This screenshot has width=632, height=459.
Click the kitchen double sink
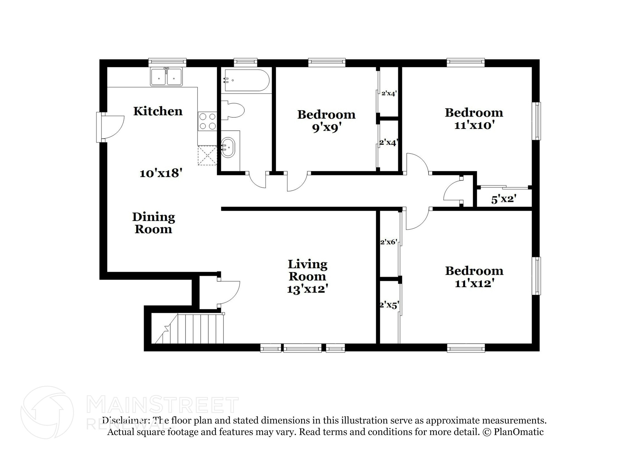click(x=166, y=77)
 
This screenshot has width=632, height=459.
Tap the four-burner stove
click(x=207, y=121)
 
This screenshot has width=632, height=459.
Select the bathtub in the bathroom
click(x=247, y=80)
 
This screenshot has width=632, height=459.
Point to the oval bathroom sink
click(x=228, y=147)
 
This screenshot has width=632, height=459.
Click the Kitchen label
click(x=158, y=111)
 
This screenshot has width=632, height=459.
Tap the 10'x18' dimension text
click(x=161, y=173)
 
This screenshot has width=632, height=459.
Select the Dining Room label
click(x=153, y=223)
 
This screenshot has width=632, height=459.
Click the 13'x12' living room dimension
click(x=307, y=289)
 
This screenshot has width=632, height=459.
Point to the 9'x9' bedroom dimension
click(x=326, y=127)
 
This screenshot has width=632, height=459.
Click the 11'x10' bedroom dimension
click(x=474, y=125)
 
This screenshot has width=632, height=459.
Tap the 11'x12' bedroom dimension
click(x=475, y=283)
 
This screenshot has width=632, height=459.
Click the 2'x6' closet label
click(x=388, y=242)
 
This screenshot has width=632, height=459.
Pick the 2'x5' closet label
click(x=389, y=305)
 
